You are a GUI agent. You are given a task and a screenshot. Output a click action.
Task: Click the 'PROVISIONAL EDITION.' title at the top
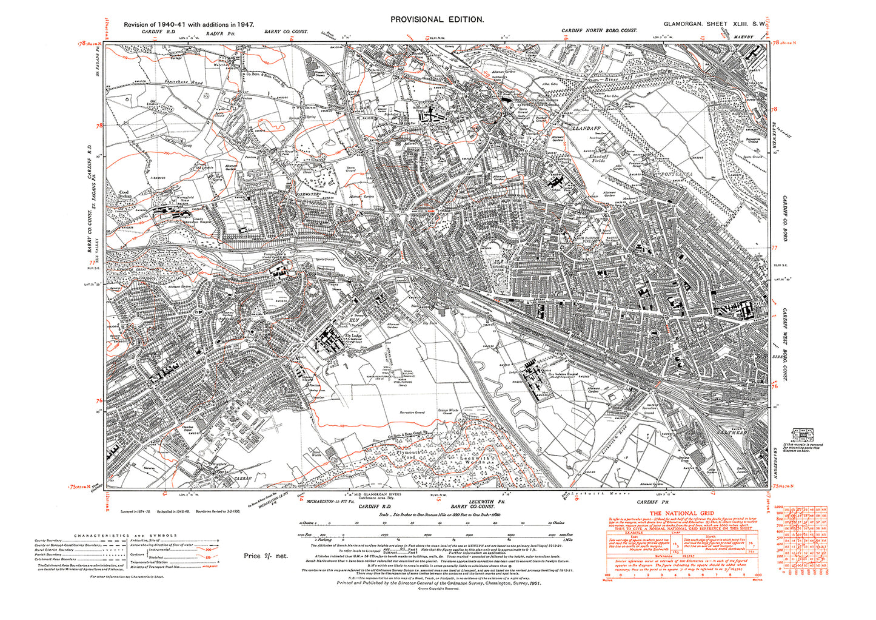[436, 19]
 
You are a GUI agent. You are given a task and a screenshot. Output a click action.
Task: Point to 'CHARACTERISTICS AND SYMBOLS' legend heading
[125, 535]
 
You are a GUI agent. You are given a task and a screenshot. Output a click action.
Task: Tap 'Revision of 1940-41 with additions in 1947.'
[189, 24]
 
